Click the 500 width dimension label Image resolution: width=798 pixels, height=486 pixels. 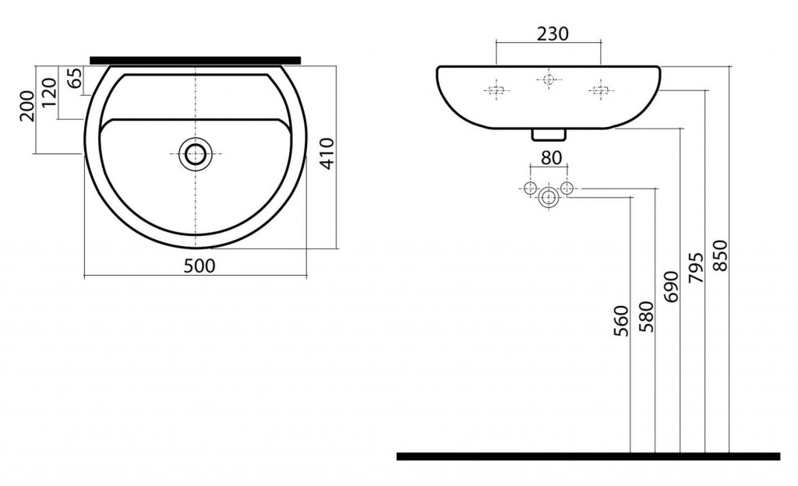pos(199,266)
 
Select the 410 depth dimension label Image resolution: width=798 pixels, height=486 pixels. pos(327,153)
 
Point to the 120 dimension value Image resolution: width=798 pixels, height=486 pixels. pos(49,92)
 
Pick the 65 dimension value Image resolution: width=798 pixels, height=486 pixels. pos(74,79)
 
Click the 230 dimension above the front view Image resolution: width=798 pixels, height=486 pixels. pos(553,33)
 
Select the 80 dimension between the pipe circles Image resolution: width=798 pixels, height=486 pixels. pos(551,158)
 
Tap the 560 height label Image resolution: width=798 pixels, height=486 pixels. pos(622,321)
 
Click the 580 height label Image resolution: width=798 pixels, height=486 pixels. pos(646,317)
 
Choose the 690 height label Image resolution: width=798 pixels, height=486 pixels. pos(671,287)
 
